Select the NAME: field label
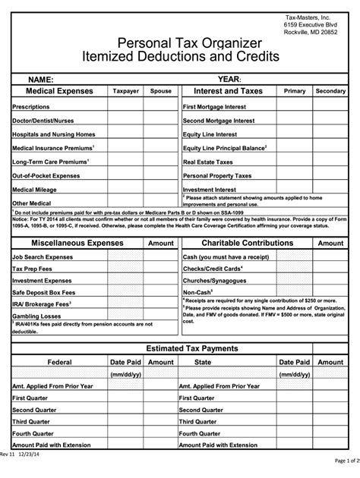[x=41, y=79]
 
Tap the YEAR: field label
[x=229, y=79]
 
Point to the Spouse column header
[x=160, y=91]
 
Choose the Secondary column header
[x=330, y=91]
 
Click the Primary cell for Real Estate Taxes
[x=295, y=162]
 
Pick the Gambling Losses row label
[x=37, y=315]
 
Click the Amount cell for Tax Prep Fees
[x=160, y=269]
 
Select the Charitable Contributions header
[x=236, y=243]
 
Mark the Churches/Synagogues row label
[x=215, y=280]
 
